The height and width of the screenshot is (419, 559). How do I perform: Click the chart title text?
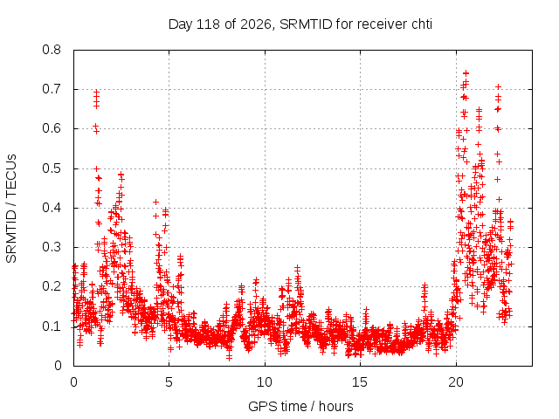(300, 24)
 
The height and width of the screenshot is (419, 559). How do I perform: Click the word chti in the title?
(422, 24)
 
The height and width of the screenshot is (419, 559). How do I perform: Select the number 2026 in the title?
(256, 24)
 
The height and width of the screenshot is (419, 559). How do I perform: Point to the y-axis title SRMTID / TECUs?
(11, 209)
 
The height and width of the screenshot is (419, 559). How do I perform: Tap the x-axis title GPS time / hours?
(300, 406)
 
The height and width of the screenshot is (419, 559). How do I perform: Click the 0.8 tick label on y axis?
(52, 50)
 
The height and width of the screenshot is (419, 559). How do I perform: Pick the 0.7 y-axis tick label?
(52, 89)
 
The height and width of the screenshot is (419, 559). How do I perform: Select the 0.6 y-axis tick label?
(52, 128)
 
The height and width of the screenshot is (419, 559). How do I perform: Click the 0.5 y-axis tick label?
(52, 168)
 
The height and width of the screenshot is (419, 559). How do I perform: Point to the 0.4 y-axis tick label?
(52, 208)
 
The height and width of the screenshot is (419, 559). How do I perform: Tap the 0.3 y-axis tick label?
(52, 247)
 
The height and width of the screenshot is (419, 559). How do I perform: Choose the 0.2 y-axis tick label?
(52, 286)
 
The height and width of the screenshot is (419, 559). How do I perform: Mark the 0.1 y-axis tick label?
(52, 326)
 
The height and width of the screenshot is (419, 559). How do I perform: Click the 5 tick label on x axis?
(169, 382)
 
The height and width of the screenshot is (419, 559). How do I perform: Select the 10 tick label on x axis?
(265, 382)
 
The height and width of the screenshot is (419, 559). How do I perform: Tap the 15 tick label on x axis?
(360, 382)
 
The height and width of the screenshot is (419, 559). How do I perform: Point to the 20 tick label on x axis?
(456, 382)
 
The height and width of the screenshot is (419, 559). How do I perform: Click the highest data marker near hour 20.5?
(466, 73)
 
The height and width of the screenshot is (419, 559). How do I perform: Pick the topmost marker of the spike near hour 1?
(96, 92)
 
